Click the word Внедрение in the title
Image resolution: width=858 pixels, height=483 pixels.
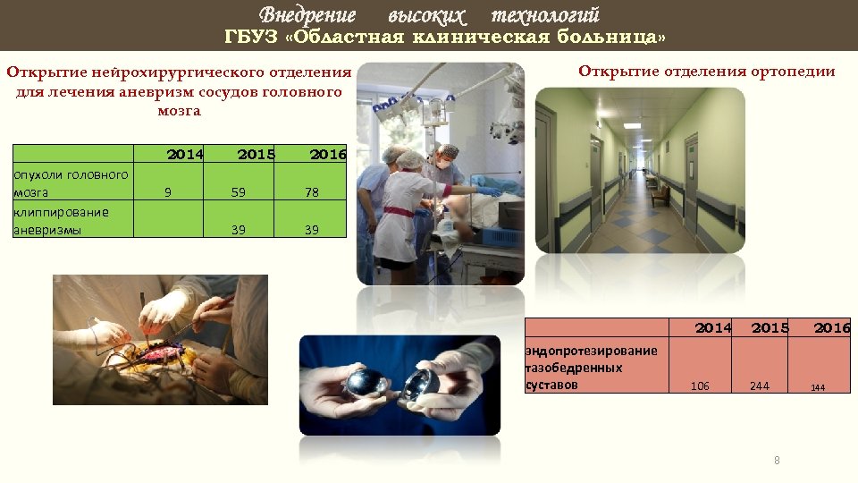coord(307,15)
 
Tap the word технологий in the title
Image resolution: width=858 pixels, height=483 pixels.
coord(545,15)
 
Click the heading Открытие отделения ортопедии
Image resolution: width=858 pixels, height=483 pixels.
coord(706,72)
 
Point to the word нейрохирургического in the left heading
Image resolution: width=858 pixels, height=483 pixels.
coord(192,72)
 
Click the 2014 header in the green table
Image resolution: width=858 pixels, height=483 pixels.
coord(185,154)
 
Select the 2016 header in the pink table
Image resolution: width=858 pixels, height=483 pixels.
coord(831,328)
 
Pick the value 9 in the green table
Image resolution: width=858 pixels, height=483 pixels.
coord(168,191)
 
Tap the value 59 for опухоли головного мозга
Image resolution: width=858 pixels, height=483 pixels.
coord(239,191)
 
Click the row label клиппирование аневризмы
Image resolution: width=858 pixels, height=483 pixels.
coord(61,221)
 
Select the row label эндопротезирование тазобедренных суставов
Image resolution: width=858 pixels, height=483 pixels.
coord(590,368)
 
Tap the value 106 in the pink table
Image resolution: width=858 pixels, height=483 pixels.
coord(701,386)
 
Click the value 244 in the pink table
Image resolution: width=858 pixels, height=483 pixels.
coord(760,386)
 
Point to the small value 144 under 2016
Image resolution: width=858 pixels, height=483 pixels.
coord(818,387)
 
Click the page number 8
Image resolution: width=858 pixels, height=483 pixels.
coord(777,461)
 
